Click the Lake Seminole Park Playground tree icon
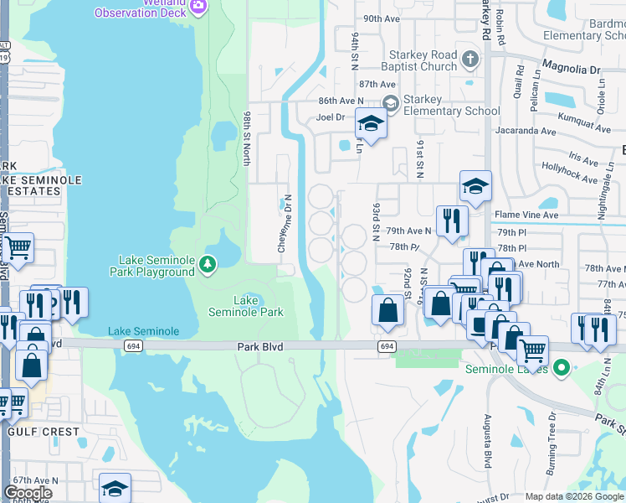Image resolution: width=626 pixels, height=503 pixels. point(207,265)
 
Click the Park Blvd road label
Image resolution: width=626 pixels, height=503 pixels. point(261,346)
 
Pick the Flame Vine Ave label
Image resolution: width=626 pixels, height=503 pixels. point(526,215)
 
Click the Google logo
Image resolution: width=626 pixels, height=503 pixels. point(28,493)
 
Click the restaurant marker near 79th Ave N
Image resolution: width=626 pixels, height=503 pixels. point(451,220)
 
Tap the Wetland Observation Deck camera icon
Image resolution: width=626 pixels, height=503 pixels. point(198,7)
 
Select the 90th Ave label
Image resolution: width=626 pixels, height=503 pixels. point(382,18)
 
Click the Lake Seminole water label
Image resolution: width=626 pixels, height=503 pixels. point(143,331)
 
